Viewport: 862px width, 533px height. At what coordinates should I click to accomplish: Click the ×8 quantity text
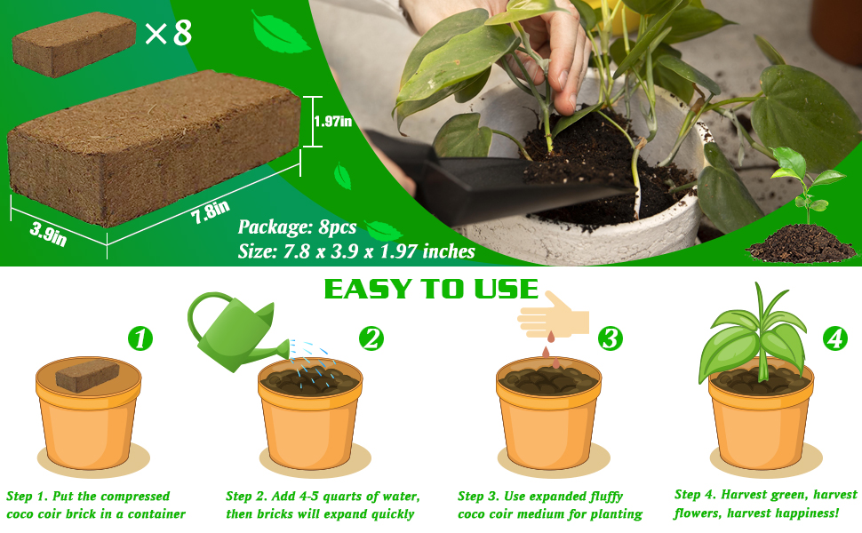click(168, 32)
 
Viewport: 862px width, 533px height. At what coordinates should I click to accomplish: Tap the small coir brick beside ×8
click(74, 44)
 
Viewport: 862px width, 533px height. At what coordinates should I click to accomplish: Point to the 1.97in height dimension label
click(332, 122)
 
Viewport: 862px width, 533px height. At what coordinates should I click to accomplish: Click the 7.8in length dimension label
click(211, 211)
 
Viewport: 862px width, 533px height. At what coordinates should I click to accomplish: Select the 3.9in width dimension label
click(48, 234)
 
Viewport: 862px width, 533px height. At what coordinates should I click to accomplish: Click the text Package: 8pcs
click(298, 227)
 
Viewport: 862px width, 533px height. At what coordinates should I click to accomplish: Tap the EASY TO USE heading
click(431, 289)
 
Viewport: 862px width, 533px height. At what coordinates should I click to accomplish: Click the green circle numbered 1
click(140, 338)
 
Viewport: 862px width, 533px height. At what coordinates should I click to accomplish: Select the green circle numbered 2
click(371, 338)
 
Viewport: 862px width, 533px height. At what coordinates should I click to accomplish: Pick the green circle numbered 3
click(611, 338)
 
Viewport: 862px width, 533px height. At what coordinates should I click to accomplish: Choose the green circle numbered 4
click(835, 338)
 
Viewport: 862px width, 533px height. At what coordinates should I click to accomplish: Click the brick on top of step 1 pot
click(88, 375)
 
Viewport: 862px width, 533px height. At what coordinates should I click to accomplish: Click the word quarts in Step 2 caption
click(343, 497)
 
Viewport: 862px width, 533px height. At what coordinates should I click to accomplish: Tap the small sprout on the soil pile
click(806, 181)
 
